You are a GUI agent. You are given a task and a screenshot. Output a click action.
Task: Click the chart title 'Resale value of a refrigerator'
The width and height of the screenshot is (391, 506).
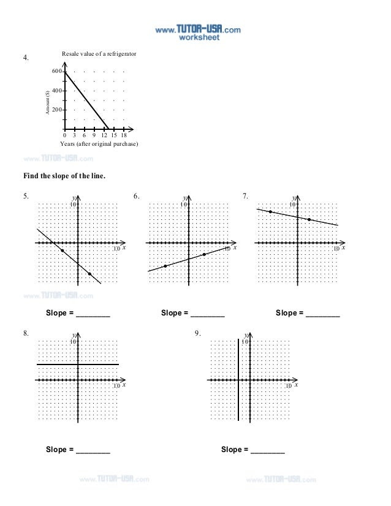[x=99, y=55]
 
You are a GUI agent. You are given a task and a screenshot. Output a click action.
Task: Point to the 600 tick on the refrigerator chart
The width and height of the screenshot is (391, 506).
[x=57, y=72]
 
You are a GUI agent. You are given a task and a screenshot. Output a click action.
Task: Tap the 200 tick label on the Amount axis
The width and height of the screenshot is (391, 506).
[x=57, y=110]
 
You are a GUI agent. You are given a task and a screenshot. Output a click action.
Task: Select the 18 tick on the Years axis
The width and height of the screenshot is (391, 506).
[x=124, y=135]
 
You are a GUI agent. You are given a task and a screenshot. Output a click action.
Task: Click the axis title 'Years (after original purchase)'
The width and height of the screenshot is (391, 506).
[x=99, y=143]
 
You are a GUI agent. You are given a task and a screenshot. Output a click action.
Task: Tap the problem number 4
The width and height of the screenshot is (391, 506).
[x=26, y=58]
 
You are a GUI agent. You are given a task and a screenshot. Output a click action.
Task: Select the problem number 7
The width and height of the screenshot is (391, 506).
[x=245, y=197]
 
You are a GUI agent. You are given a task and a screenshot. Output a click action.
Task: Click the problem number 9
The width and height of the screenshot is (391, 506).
[x=197, y=333]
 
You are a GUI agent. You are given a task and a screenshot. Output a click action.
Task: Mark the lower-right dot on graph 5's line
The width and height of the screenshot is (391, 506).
[x=90, y=274]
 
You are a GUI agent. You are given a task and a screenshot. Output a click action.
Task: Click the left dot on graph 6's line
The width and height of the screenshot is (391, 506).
[x=165, y=266]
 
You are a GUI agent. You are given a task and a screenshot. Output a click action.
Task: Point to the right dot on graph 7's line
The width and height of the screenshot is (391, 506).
[x=309, y=219]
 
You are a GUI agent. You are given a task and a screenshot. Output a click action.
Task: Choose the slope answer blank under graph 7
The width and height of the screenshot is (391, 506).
[x=322, y=314]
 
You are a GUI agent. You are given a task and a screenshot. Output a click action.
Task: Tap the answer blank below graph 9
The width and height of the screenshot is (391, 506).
[x=268, y=451]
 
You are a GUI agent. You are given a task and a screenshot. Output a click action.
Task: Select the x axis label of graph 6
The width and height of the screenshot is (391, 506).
[x=233, y=247]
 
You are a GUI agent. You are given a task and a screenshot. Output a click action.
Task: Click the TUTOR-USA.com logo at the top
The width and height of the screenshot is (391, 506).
[x=197, y=29]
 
